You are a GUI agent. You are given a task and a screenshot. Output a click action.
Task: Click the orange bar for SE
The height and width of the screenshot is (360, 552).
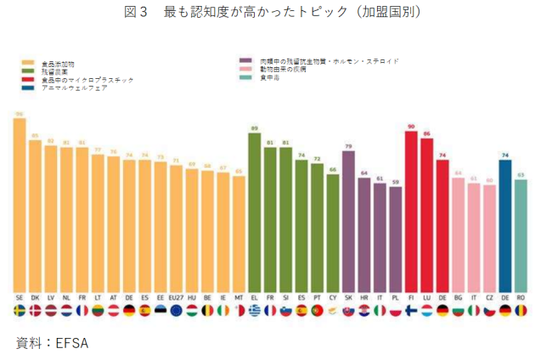pyautogui.click(x=20, y=204)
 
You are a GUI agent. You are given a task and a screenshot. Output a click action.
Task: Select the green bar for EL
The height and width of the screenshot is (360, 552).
pyautogui.click(x=254, y=211)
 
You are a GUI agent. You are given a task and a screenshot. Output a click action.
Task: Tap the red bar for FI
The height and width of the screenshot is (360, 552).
pyautogui.click(x=411, y=211)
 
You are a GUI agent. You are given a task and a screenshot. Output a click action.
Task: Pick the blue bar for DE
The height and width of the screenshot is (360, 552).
pyautogui.click(x=505, y=225)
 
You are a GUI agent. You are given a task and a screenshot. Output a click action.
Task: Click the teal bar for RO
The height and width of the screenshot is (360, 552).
pyautogui.click(x=521, y=234)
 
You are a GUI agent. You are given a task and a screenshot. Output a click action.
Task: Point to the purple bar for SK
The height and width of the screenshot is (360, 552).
pyautogui.click(x=348, y=221)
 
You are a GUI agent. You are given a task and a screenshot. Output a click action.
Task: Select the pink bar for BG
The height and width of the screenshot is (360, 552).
pyautogui.click(x=458, y=234)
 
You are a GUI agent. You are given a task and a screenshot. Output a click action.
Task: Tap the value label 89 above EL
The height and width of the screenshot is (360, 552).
pyautogui.click(x=254, y=127)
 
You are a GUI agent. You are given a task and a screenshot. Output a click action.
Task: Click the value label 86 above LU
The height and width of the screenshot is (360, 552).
pyautogui.click(x=427, y=132)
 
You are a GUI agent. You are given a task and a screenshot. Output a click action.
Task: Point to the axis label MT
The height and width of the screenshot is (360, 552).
pyautogui.click(x=239, y=299)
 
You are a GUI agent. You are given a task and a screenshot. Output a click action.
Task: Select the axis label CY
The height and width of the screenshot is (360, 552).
pyautogui.click(x=332, y=299)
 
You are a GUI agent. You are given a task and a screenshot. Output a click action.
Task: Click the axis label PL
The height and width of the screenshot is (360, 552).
pyautogui.click(x=395, y=299)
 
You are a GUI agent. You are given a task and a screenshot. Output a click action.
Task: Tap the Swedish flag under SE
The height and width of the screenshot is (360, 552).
pyautogui.click(x=20, y=312)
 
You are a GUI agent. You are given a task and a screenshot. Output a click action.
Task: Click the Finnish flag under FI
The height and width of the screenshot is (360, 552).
pyautogui.click(x=411, y=312)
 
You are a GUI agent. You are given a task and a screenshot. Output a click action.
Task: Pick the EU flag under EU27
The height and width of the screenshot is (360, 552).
pyautogui.click(x=176, y=312)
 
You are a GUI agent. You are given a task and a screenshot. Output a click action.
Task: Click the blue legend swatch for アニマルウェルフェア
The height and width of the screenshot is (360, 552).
pyautogui.click(x=28, y=87)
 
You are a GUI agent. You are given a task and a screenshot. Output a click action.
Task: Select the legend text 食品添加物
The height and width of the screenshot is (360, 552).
pyautogui.click(x=59, y=64)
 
